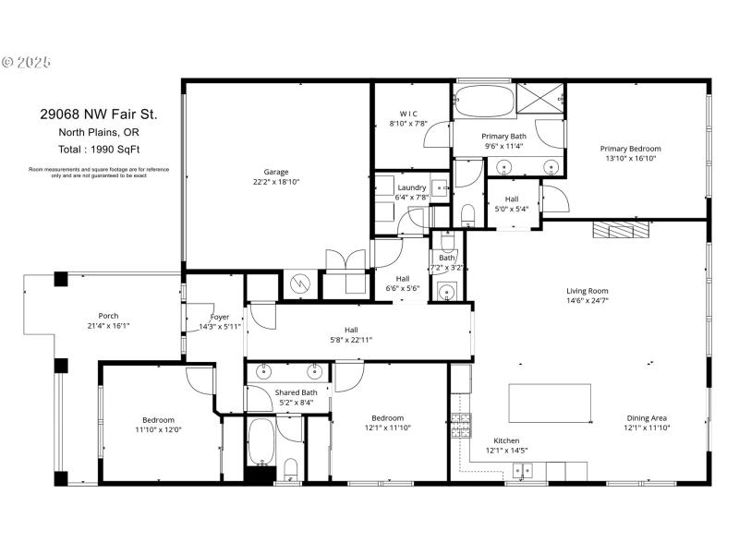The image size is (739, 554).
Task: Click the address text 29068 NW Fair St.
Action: point(98,115)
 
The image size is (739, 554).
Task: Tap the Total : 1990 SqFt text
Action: point(98,149)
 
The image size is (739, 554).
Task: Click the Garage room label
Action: point(276,172)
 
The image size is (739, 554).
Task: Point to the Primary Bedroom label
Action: point(631,149)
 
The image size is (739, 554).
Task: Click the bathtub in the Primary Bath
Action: point(484,102)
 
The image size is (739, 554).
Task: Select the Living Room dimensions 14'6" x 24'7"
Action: point(588,300)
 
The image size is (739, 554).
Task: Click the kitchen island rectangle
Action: point(550,403)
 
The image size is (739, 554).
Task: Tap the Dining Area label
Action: point(647,417)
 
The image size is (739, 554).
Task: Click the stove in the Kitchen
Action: point(459,425)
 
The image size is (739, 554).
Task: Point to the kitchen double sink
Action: point(524,471)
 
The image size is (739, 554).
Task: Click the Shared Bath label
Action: point(296,392)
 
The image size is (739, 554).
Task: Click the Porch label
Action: point(108,316)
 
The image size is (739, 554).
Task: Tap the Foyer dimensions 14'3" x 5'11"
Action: point(220,327)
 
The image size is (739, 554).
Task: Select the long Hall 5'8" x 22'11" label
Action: point(351,340)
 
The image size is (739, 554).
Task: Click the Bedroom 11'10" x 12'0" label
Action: point(158,429)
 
